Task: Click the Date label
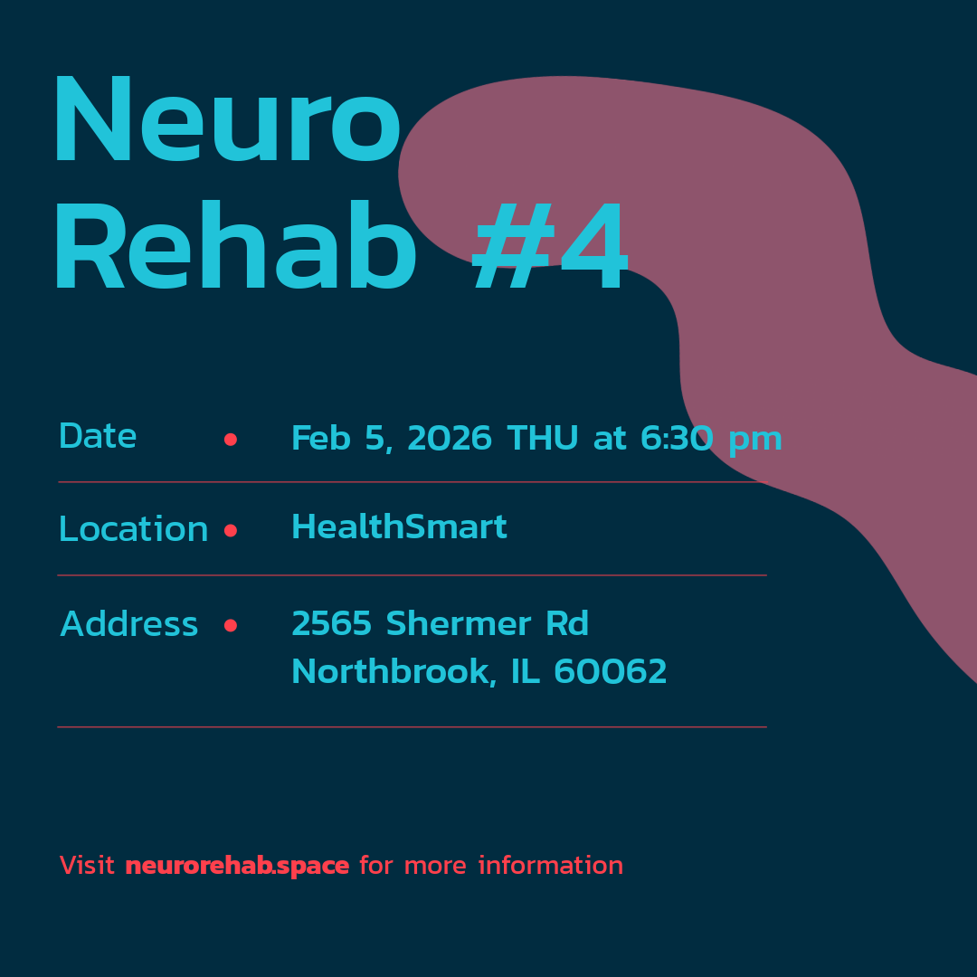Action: (x=98, y=437)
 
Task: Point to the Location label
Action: (x=133, y=530)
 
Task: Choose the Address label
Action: (x=129, y=624)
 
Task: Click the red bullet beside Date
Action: (x=231, y=440)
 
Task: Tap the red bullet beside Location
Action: (x=231, y=531)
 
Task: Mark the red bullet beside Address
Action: (x=231, y=625)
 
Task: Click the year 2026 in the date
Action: (x=450, y=439)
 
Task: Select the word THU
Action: (x=543, y=439)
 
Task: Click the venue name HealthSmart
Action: (x=399, y=527)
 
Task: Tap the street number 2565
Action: (x=332, y=624)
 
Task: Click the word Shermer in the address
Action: (x=459, y=624)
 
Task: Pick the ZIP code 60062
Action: (x=611, y=672)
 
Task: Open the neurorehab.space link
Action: (x=237, y=866)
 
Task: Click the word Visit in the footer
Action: (x=87, y=866)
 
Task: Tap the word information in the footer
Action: (x=551, y=866)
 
